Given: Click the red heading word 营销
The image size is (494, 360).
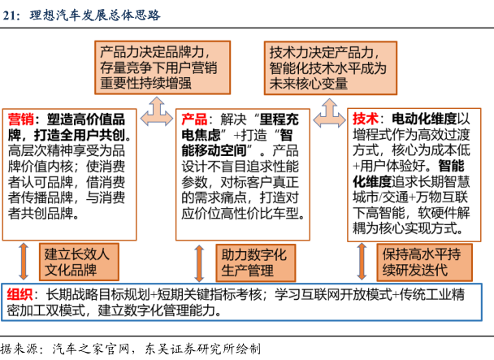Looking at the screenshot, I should tap(22, 117).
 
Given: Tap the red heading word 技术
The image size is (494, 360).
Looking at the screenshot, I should tap(368, 117).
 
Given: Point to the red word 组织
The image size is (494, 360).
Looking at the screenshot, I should tap(22, 294).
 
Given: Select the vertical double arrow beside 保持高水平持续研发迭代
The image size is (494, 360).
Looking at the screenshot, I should tap(362, 260).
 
